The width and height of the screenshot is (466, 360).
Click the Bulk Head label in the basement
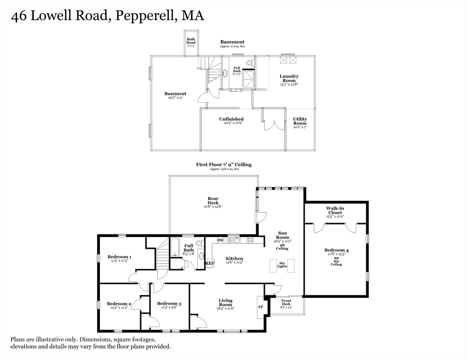point(191,41)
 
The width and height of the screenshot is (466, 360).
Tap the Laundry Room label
point(289,78)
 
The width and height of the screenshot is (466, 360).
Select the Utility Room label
point(300,121)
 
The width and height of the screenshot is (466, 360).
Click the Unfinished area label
point(231,119)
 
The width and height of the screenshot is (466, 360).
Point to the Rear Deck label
point(213,201)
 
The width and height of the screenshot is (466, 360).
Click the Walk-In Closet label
point(334,210)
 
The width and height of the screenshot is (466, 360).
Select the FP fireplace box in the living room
point(261,307)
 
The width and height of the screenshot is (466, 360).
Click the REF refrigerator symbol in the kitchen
point(210,263)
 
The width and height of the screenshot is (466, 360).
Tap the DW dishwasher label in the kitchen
point(220,240)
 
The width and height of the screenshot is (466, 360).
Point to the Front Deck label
point(286,302)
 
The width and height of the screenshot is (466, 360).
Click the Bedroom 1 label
point(119,256)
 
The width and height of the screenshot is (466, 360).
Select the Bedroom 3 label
point(169,303)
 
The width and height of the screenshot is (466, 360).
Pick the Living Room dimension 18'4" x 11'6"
point(225,308)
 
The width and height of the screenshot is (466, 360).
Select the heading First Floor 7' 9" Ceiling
point(224,165)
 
